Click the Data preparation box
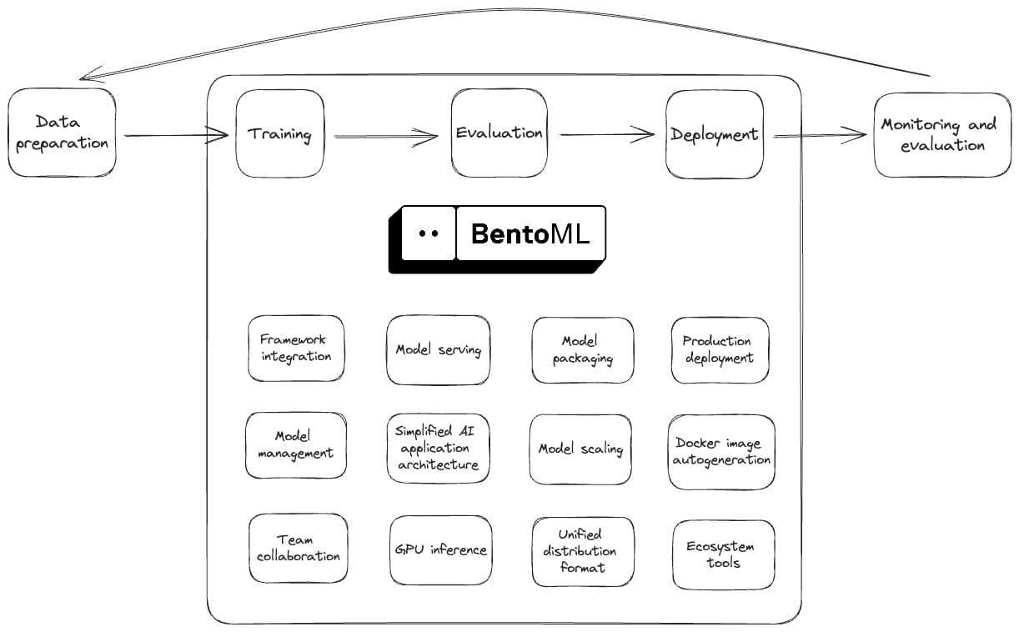(62, 133)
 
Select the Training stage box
(279, 134)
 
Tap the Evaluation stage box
(499, 133)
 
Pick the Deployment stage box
(714, 134)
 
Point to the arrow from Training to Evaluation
(386, 136)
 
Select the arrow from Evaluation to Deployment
(607, 133)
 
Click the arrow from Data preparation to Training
(176, 135)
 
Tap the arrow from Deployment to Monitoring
(821, 135)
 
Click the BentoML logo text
(530, 233)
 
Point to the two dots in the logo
(428, 233)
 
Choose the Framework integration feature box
(296, 349)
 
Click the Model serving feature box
(439, 350)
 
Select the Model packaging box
(582, 350)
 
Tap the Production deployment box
(719, 350)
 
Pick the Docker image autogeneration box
(721, 452)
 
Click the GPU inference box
(440, 550)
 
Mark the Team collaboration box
(298, 549)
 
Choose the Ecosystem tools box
(723, 554)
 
